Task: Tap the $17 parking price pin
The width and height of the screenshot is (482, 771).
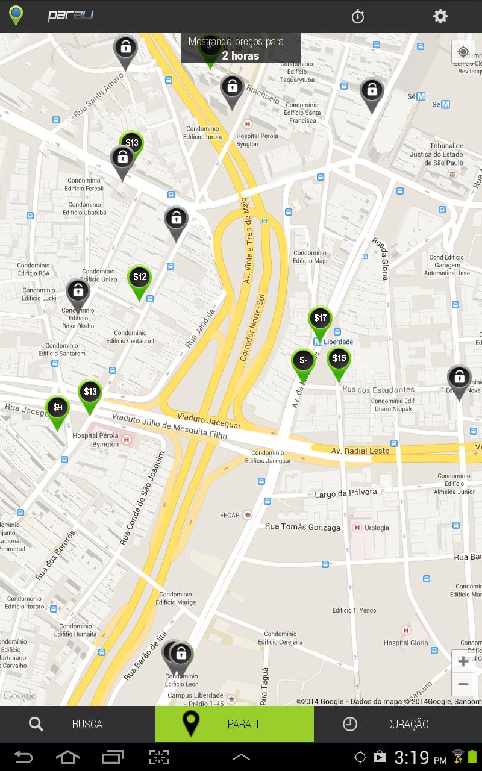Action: tap(320, 319)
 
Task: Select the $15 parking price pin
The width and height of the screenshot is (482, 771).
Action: tap(339, 360)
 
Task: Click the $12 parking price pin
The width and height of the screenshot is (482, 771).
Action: tap(140, 278)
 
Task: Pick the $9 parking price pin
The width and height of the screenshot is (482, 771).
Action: tap(57, 408)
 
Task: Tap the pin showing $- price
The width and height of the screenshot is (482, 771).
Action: tap(303, 361)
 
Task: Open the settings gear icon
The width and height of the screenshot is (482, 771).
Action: tap(440, 16)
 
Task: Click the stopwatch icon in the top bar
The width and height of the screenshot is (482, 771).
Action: tap(358, 16)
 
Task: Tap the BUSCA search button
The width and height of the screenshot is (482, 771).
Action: tap(78, 724)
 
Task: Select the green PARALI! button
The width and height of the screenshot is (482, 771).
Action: tap(234, 724)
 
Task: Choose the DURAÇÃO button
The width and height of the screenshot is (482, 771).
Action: tap(398, 724)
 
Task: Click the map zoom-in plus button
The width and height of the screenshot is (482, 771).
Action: tap(463, 661)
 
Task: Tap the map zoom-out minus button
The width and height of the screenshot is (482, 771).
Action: tap(463, 684)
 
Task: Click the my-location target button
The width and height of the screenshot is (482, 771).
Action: tap(463, 52)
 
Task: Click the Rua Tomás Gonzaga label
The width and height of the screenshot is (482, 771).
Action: tap(302, 527)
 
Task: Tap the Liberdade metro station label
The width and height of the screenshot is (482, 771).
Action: tap(338, 342)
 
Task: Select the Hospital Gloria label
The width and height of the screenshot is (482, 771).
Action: tap(406, 643)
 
